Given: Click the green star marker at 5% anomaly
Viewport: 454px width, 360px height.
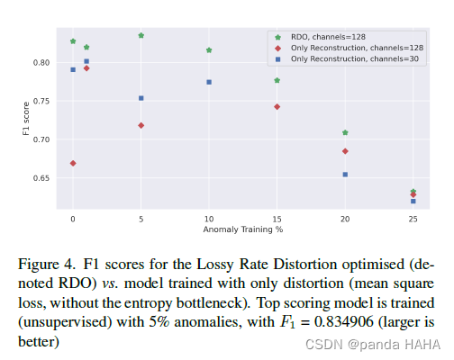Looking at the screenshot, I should tap(141, 35).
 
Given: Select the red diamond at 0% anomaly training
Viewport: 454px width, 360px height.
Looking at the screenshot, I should tap(73, 163).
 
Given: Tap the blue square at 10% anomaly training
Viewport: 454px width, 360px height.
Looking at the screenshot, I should tap(209, 82).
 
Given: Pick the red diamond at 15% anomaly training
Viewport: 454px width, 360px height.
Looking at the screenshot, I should tap(277, 106).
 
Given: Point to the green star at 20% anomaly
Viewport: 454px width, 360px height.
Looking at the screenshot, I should tap(345, 132).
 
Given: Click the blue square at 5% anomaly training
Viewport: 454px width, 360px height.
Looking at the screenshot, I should tap(141, 98).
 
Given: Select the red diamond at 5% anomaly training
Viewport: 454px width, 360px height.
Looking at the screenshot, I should tap(141, 125).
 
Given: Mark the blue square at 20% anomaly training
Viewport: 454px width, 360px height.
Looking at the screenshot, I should tap(345, 174).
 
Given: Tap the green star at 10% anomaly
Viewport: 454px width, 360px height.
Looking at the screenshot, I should tap(209, 50).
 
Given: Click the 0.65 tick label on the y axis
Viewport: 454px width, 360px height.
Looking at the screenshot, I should tap(45, 178).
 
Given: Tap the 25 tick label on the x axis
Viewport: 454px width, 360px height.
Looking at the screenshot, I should tap(413, 219).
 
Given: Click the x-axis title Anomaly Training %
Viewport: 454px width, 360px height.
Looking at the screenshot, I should tap(242, 229).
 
